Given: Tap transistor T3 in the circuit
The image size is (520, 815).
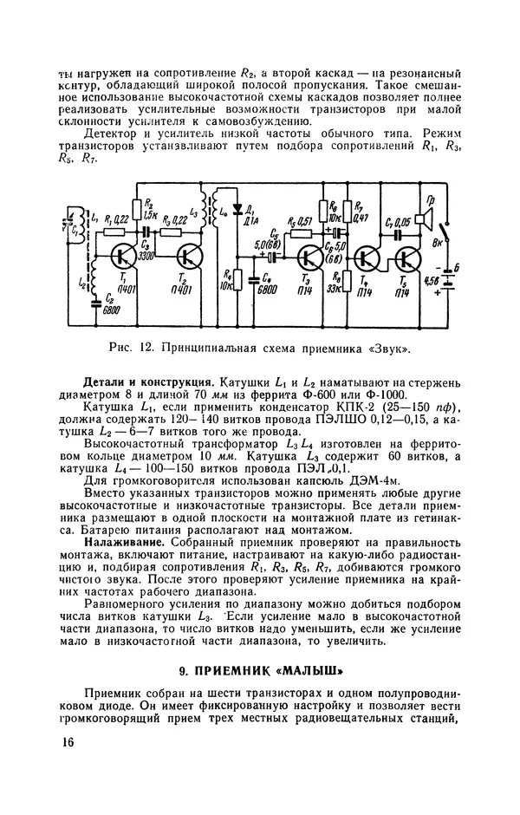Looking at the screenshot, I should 309,257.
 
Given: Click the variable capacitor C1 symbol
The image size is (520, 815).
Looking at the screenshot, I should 75,229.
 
